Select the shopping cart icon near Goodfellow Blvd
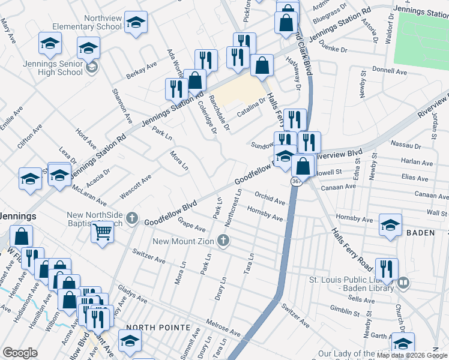coord(103,232)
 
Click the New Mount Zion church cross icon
coord(223,241)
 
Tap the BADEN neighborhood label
coord(420,233)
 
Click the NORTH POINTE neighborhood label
coord(163,328)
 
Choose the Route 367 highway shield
coord(297,181)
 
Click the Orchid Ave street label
coord(270,198)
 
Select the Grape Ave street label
coord(191,225)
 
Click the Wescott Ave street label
coord(135,186)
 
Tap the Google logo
coord(20,353)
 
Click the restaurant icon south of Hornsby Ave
coord(384,269)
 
